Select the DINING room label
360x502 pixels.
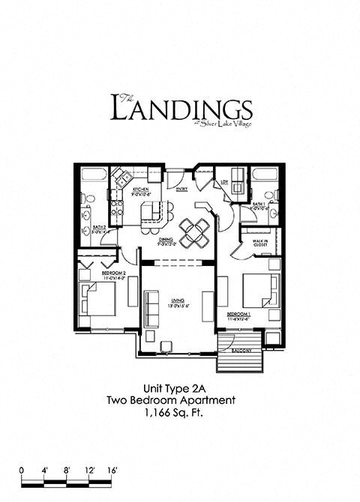click(167, 241)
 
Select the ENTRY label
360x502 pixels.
click(181, 190)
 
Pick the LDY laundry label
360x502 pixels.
click(223, 181)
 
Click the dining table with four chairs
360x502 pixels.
click(195, 232)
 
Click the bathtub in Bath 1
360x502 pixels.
click(265, 177)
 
